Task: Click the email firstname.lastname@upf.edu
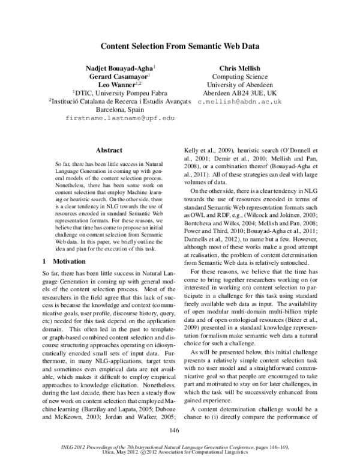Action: (119, 119)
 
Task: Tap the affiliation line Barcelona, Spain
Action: (119, 110)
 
